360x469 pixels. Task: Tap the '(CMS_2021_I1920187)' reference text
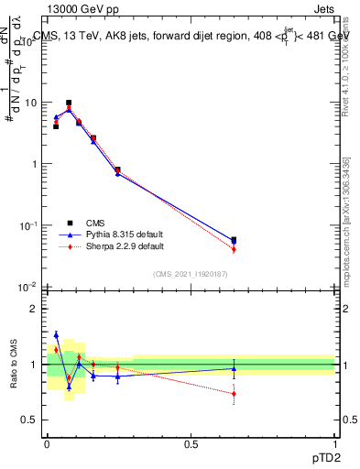tap(191, 273)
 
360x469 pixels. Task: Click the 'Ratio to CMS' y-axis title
tap(14, 364)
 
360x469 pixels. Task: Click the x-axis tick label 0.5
tap(191, 443)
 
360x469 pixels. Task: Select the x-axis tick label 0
tap(47, 443)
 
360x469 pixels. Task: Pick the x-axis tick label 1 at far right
tap(334, 443)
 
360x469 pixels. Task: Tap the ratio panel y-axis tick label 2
tap(33, 309)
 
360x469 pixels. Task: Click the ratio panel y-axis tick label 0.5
tap(29, 420)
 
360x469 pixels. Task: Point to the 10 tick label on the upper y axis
tap(29, 103)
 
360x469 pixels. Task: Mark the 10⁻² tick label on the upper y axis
tap(27, 288)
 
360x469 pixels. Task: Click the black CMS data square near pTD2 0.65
tap(234, 240)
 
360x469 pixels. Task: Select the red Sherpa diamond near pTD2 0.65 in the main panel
tap(234, 249)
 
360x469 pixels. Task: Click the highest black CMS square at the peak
tap(69, 103)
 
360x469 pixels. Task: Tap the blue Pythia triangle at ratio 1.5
tap(56, 335)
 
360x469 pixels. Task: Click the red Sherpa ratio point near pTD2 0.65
tap(234, 394)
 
